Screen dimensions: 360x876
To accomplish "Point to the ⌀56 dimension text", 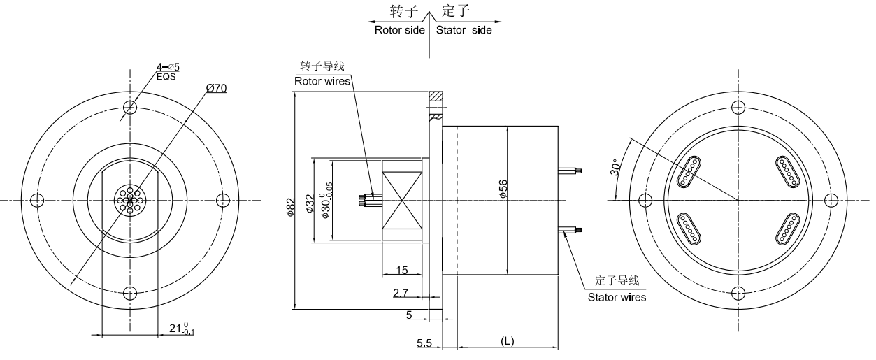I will pyautogui.click(x=503, y=191).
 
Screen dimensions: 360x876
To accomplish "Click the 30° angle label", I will pyautogui.click(x=616, y=168).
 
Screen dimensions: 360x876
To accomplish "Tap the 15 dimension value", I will pyautogui.click(x=401, y=270).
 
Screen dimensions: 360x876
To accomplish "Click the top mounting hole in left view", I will pyautogui.click(x=129, y=108).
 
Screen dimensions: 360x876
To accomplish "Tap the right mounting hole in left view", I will pyautogui.click(x=223, y=201).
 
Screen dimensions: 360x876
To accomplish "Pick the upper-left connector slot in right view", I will pyautogui.click(x=690, y=172).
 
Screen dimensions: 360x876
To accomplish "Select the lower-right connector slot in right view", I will pyautogui.click(x=786, y=229).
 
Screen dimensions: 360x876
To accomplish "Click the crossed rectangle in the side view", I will pyautogui.click(x=403, y=201).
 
